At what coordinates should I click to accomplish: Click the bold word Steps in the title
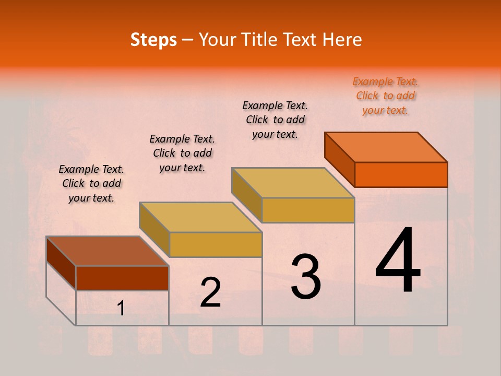click(153, 40)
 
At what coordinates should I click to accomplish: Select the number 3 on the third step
click(305, 277)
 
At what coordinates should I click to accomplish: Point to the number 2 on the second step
click(210, 292)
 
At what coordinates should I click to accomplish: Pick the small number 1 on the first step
click(121, 309)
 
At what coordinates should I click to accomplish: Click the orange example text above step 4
click(386, 96)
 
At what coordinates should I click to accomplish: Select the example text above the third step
click(275, 120)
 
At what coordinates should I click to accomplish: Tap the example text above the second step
click(182, 153)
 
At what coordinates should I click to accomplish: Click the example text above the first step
click(91, 183)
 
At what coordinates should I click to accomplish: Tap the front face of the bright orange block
click(401, 174)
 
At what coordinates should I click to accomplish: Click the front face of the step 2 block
click(216, 244)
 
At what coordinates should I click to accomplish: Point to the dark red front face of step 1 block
click(122, 278)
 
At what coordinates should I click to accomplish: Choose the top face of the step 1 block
click(108, 251)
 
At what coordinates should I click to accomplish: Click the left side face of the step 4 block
click(339, 159)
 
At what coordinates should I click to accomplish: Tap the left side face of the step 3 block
click(246, 194)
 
